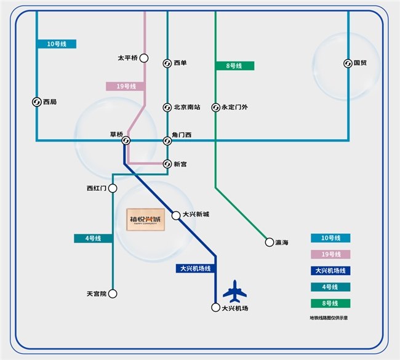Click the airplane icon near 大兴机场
point(234,290)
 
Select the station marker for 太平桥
point(144,58)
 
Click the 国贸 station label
point(361,63)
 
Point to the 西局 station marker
point(36,102)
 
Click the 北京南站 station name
point(187,108)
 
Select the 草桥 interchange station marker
point(126,140)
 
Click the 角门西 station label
point(183,135)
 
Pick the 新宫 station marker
point(167,164)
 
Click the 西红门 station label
point(97,188)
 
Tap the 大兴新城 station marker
point(175,215)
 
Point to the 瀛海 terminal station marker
point(269,242)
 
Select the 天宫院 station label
point(97,294)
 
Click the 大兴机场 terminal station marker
point(215,307)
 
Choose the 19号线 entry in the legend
point(331,254)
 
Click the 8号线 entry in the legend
point(331,303)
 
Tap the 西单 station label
point(180,63)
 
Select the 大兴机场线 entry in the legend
point(331,270)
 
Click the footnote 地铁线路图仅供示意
point(333,318)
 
